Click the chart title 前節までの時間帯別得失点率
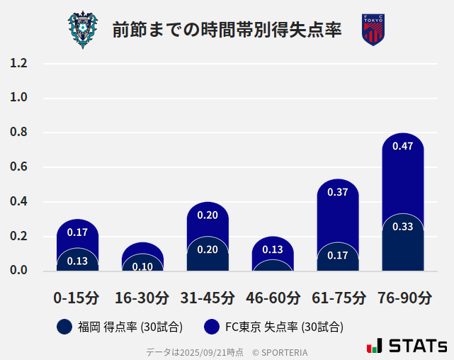227,30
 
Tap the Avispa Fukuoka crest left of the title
83,30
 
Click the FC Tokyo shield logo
373,30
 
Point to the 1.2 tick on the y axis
19,63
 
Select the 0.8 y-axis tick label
19,133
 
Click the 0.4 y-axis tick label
19,202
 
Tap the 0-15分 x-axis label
77,298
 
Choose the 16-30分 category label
142,298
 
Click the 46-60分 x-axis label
273,298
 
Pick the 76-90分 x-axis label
403,298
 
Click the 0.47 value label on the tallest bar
403,147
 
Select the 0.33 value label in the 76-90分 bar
403,227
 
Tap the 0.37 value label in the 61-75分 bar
338,192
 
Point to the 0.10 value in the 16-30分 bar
142,266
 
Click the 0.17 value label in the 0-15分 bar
77,232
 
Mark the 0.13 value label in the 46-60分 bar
273,249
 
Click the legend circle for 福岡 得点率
64,327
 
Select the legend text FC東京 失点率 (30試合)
284,327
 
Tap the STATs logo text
417,347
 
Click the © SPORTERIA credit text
280,352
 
